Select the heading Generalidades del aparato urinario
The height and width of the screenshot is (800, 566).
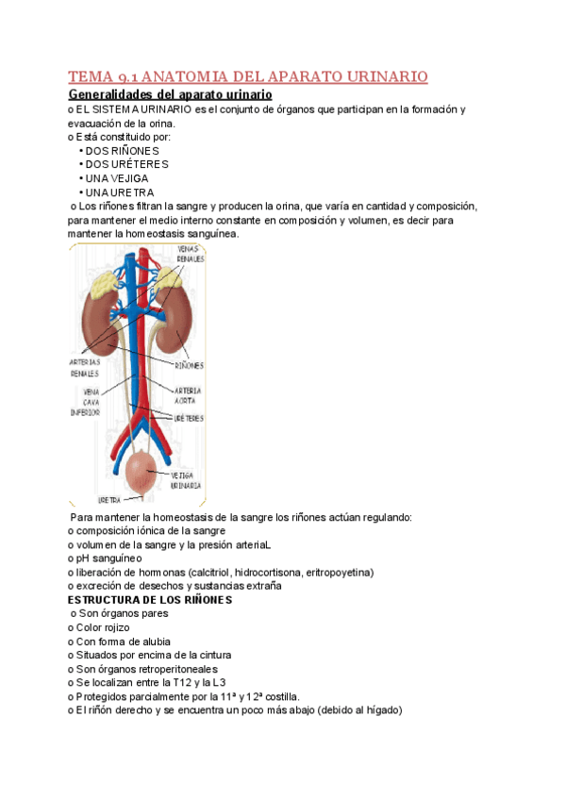tap(172, 95)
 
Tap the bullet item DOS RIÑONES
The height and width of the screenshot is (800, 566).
tap(122, 150)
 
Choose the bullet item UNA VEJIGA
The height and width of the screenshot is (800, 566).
tap(116, 178)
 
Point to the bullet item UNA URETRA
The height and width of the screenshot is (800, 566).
tap(117, 192)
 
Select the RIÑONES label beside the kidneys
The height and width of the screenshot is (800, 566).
tap(189, 364)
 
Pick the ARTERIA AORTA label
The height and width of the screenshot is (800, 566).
tap(187, 394)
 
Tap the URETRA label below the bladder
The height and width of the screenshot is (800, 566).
tap(109, 499)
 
